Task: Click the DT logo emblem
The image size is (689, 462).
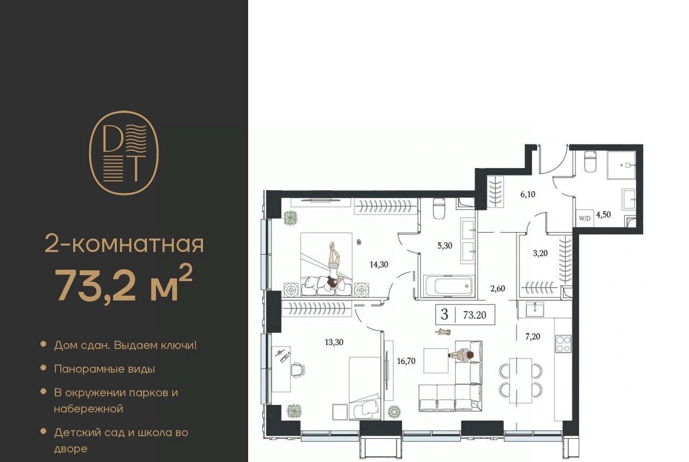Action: [x=124, y=153]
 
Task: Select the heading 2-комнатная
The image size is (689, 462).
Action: [x=124, y=245]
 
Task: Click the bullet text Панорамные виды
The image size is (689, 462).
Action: [x=104, y=369]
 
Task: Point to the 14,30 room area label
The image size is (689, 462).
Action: [x=378, y=264]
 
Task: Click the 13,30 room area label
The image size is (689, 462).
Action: [x=334, y=342]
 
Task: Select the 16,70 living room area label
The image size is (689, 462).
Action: [x=406, y=361]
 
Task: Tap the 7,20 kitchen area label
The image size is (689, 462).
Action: [x=533, y=337]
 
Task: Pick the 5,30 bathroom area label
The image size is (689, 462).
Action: [x=445, y=246]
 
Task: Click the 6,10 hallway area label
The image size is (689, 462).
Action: [x=528, y=194]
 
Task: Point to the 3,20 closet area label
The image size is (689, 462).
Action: [x=540, y=253]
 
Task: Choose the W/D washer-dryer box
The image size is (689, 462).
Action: [x=585, y=219]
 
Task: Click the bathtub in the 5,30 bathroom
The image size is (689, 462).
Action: [x=449, y=286]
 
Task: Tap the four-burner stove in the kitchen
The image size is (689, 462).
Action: [x=564, y=344]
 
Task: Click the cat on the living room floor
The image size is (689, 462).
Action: [x=443, y=332]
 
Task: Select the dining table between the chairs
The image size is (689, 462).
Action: [x=521, y=380]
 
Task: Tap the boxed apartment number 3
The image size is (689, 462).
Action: [x=444, y=314]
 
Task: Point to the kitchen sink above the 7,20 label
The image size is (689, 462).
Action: [x=535, y=309]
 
